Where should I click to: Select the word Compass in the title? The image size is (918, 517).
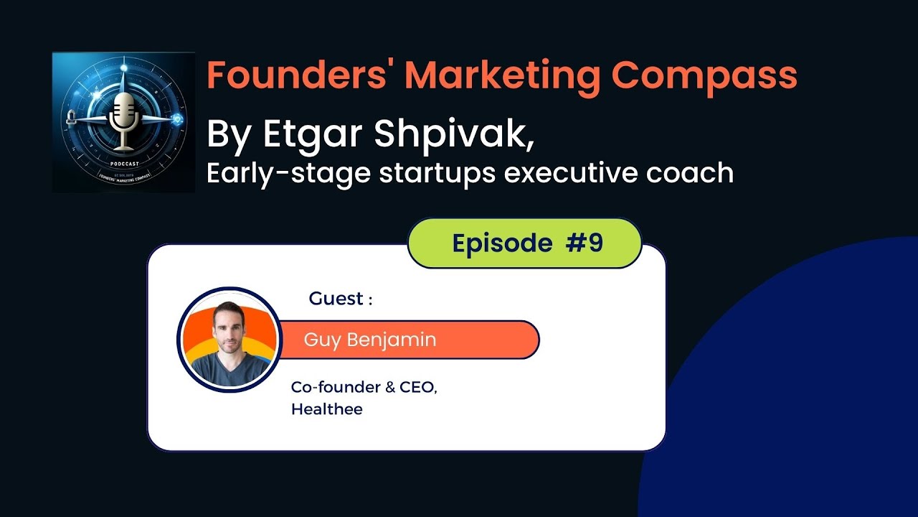tap(704, 75)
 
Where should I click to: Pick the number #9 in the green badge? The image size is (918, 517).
tap(585, 243)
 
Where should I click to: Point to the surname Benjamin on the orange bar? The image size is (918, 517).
tap(392, 340)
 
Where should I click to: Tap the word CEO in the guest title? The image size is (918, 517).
tap(417, 387)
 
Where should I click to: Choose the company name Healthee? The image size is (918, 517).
tap(326, 410)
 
